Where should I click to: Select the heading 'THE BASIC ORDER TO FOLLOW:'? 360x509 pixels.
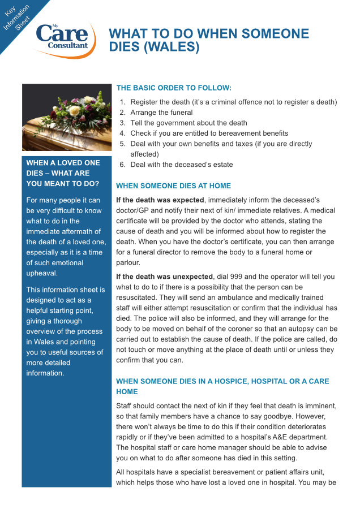pos(174,88)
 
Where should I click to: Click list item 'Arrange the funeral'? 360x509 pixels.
pos(161,113)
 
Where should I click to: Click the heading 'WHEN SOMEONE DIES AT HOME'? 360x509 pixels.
pos(173,186)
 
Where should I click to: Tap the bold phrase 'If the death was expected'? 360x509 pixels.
pos(160,200)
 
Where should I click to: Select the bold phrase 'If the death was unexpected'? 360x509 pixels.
pos(164,277)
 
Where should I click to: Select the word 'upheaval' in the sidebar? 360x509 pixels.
pos(42,273)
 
